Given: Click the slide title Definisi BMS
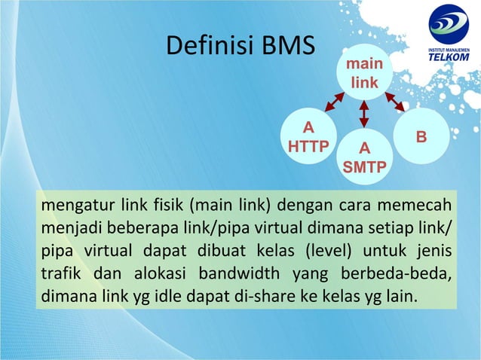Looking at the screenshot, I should (x=239, y=47).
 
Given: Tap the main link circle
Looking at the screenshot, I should (x=363, y=74).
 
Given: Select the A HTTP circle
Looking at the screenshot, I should (x=308, y=136).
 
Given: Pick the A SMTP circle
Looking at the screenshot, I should (x=364, y=157).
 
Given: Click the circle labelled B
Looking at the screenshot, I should (x=421, y=137).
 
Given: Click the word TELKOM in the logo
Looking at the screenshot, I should (x=449, y=59).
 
